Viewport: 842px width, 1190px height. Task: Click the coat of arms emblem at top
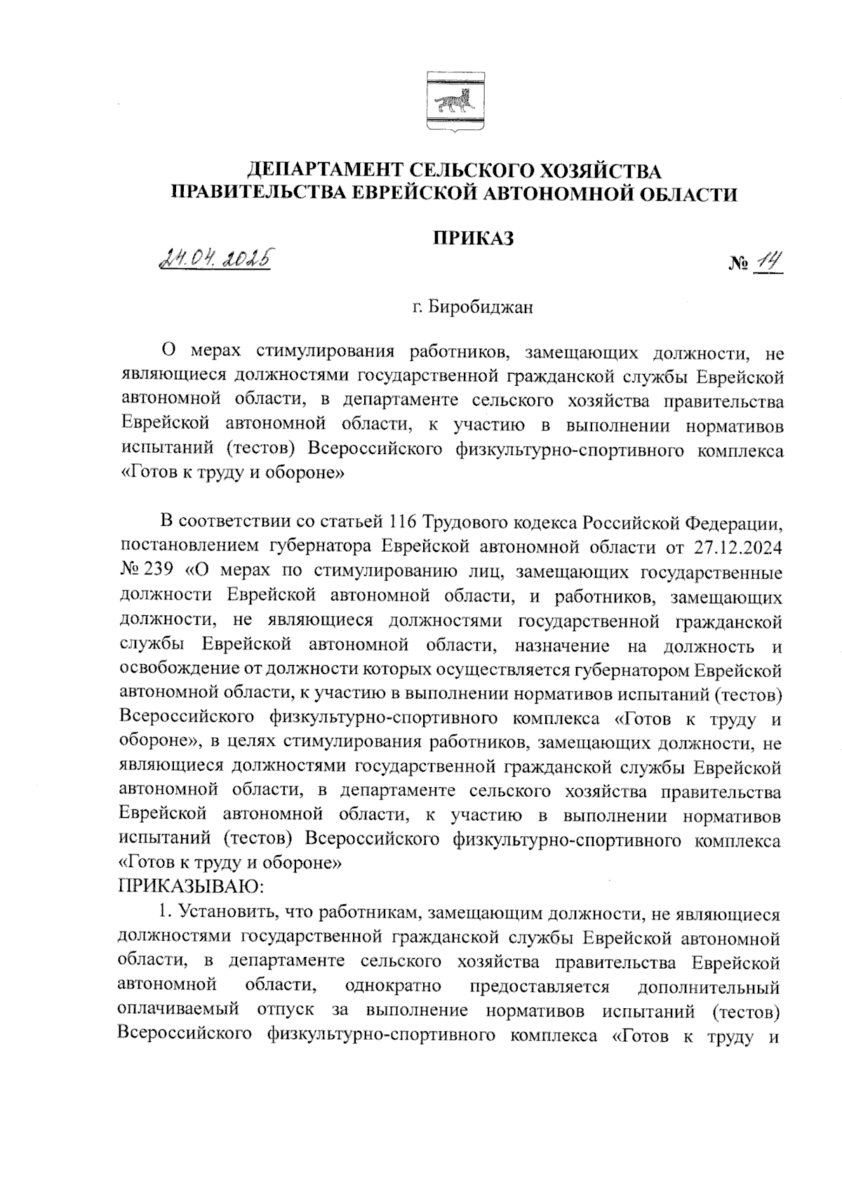tap(451, 103)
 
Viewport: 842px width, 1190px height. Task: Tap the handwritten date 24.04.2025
tap(216, 260)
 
